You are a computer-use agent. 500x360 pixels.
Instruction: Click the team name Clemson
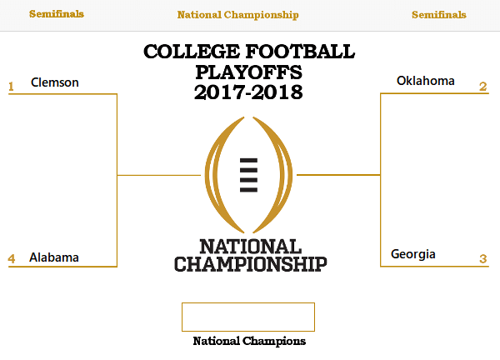tap(54, 82)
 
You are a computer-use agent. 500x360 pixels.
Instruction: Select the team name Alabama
tap(54, 257)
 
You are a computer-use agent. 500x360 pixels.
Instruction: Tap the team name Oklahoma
tap(425, 81)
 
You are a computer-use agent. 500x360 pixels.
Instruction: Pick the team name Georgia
tap(413, 254)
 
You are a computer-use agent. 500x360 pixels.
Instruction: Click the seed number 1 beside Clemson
tap(11, 87)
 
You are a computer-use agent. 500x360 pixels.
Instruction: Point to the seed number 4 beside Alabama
tap(12, 258)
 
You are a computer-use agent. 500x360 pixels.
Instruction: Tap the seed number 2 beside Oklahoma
tap(483, 87)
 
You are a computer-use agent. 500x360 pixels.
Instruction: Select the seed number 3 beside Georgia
tap(483, 258)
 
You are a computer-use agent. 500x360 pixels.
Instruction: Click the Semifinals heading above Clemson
tap(57, 14)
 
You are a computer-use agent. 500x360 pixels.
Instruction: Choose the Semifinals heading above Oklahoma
tap(439, 15)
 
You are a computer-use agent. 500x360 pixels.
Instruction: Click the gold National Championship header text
tap(237, 15)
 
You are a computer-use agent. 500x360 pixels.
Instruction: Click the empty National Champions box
tap(248, 303)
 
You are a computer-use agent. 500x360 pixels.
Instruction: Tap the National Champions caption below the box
tap(249, 341)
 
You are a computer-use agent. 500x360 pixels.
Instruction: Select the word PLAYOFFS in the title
tap(248, 72)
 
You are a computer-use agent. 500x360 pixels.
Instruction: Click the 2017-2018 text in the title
tap(248, 92)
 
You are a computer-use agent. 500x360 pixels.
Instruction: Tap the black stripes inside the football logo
tap(248, 175)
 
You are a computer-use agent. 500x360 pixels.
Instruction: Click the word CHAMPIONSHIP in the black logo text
tap(251, 264)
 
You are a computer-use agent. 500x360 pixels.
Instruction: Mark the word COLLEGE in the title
tap(192, 52)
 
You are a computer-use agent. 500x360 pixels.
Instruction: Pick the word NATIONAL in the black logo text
tap(251, 247)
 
